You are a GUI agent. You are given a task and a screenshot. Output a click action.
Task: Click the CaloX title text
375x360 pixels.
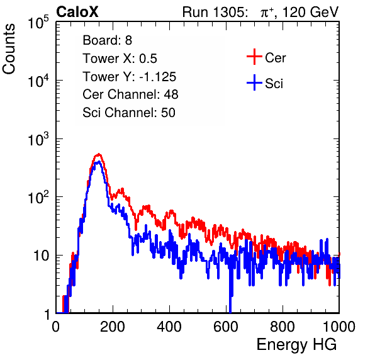[x=77, y=12]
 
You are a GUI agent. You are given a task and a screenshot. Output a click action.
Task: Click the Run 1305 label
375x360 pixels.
[x=215, y=12]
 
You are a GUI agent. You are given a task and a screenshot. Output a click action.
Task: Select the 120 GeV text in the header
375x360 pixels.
[x=311, y=12]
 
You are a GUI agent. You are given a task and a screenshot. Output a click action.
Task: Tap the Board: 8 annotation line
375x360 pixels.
[x=107, y=40]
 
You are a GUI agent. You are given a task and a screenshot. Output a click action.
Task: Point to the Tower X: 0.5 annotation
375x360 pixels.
[x=120, y=59]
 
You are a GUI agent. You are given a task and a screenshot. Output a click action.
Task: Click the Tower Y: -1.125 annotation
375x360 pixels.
[x=130, y=77]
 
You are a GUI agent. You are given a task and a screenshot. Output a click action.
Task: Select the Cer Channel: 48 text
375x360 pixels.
[x=130, y=94]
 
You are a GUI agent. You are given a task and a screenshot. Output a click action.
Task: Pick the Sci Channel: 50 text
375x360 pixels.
[x=129, y=113]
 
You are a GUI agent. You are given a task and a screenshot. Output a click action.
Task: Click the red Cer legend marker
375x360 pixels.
[x=254, y=57]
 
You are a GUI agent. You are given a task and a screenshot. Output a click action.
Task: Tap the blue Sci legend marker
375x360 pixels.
[x=254, y=82]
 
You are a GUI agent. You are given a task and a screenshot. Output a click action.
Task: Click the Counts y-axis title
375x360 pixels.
[x=9, y=49]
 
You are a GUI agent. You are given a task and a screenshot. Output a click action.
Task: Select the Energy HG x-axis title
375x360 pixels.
[x=296, y=344]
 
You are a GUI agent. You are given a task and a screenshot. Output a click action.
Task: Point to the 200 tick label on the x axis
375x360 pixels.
[x=113, y=327]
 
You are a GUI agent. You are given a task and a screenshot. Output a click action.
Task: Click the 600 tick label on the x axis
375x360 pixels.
[x=226, y=327]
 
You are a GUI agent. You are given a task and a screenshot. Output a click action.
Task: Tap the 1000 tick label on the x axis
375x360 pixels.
[x=339, y=327]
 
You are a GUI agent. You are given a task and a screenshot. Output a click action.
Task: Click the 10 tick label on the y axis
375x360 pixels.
[x=41, y=256]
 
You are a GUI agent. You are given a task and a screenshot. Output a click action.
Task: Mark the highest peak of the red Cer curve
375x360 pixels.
[x=99, y=154]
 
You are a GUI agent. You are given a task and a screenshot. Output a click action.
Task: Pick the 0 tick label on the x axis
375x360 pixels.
[x=56, y=327]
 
